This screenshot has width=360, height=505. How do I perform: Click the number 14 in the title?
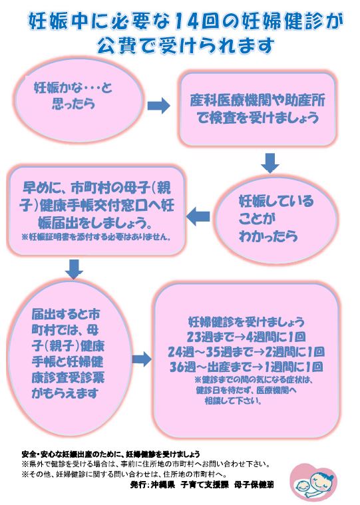point(189,22)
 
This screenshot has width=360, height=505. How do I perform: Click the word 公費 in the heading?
point(115,46)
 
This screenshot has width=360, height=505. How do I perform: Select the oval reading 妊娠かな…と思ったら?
point(78,99)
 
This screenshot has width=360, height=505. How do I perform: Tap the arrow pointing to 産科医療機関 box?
point(159,105)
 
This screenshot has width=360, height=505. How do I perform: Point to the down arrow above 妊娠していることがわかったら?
point(270,163)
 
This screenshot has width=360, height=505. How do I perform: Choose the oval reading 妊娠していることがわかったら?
point(275,219)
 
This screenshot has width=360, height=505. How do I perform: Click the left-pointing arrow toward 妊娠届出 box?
point(198,216)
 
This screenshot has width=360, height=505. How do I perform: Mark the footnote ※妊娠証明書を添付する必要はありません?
point(96,238)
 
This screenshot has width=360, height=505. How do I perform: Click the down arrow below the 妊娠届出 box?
point(74,269)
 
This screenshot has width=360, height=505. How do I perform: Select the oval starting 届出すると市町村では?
point(70,353)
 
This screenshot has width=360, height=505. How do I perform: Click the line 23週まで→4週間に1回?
point(246,337)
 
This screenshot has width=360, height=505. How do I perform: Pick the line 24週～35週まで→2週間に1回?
point(246,352)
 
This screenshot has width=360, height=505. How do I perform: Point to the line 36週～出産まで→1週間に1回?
point(246,367)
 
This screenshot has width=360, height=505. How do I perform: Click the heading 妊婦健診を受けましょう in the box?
point(246,322)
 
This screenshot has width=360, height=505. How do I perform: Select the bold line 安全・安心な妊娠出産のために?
point(110,454)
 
